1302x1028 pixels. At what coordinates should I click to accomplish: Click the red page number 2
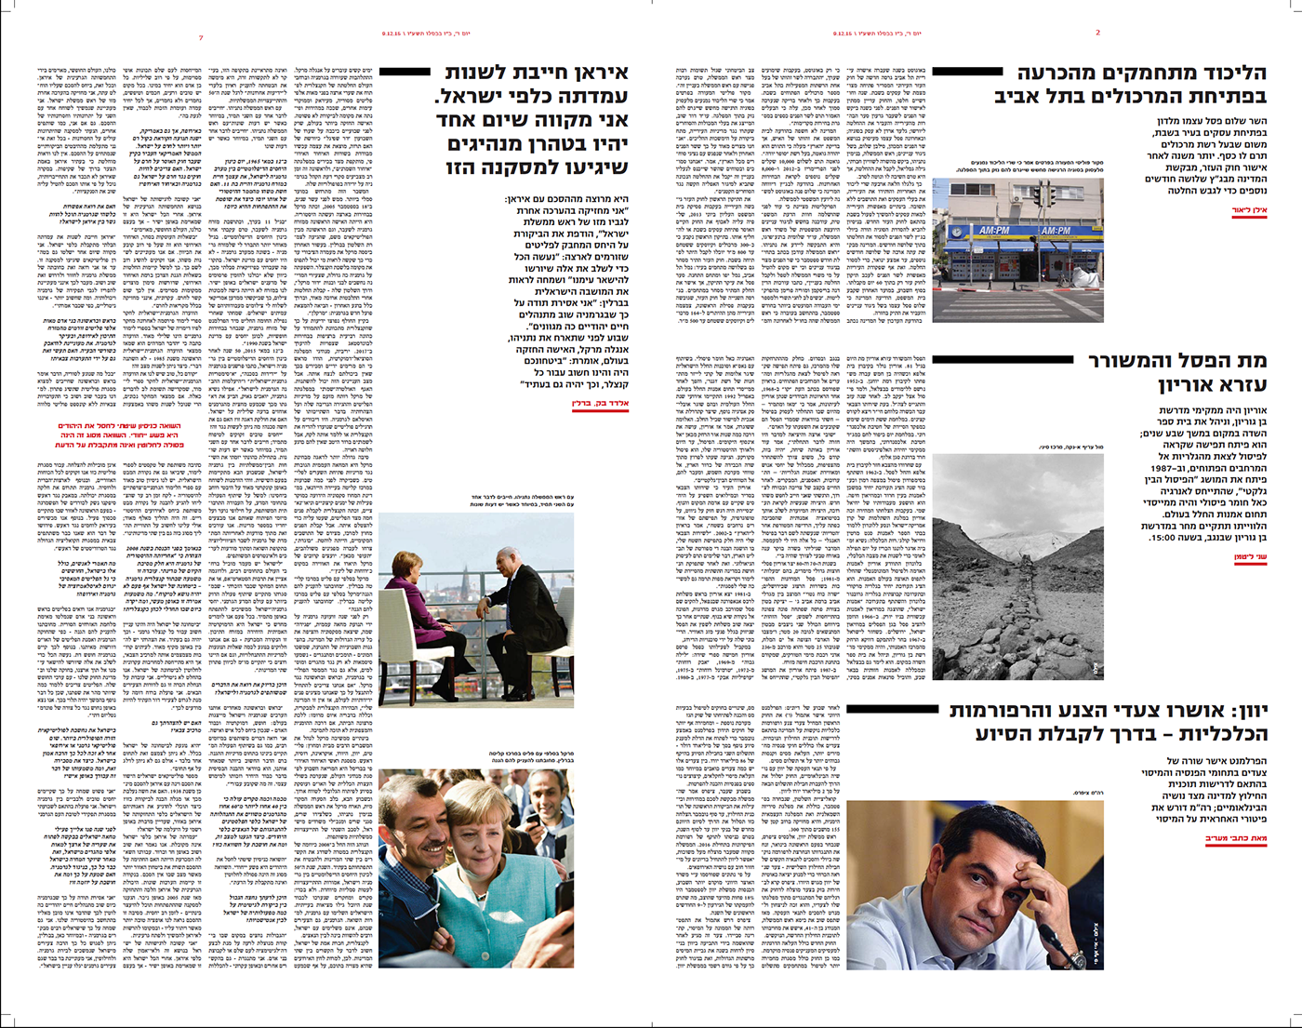point(1097,33)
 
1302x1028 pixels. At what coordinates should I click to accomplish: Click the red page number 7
point(201,37)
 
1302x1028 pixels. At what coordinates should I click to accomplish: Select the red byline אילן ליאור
point(1248,211)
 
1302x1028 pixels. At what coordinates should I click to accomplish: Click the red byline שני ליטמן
point(1251,557)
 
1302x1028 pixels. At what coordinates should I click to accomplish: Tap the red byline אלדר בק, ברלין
point(601,404)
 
